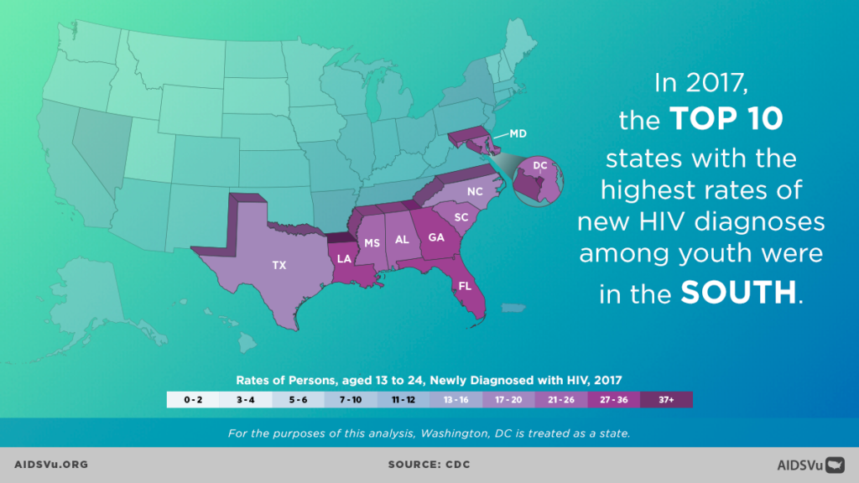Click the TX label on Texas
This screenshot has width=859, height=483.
(279, 265)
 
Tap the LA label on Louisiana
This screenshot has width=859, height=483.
(344, 258)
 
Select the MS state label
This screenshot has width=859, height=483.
(372, 243)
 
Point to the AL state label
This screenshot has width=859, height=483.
(402, 239)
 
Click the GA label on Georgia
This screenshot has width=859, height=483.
(436, 237)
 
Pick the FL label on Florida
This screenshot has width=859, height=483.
(464, 286)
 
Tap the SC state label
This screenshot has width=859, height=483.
(461, 217)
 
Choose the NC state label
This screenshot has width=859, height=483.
(475, 191)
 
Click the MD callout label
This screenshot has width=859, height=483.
(519, 133)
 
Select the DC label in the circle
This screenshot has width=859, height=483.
(540, 166)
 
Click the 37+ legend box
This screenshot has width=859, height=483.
(666, 400)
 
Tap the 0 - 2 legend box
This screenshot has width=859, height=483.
(194, 400)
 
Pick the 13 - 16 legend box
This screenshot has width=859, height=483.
(456, 400)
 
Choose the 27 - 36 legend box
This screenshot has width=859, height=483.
(614, 400)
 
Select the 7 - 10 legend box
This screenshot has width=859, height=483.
(351, 400)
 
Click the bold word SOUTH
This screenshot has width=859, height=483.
(737, 292)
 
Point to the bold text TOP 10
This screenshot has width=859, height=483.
(726, 120)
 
